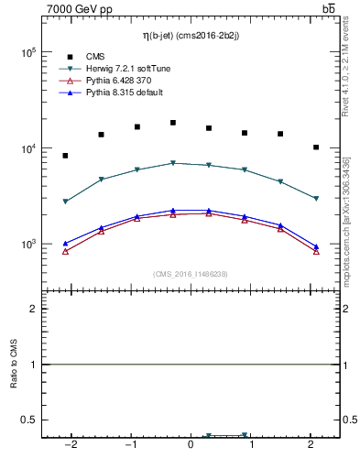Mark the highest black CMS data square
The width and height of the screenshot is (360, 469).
[x=172, y=122]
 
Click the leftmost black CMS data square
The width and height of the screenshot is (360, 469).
[x=65, y=156]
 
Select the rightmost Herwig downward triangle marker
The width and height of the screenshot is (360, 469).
[x=316, y=199]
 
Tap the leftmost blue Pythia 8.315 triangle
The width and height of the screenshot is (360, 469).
[x=65, y=244]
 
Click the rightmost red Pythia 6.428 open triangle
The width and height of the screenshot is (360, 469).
[x=316, y=251]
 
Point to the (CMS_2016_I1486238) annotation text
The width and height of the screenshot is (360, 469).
[x=191, y=274]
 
